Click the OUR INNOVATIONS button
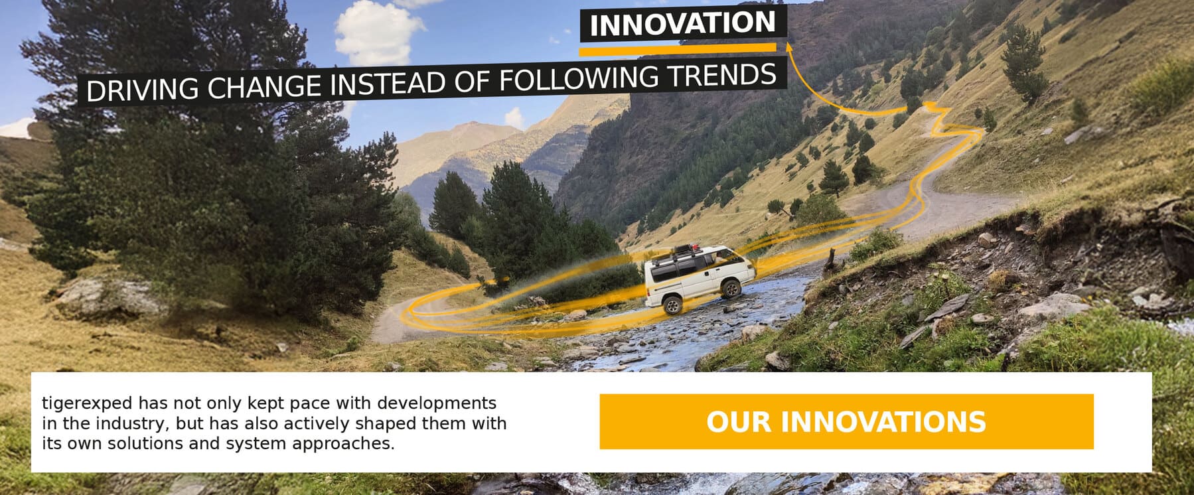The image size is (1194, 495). [x=846, y=421]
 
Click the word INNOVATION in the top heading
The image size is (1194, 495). [x=682, y=25]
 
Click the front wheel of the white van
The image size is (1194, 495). [x=730, y=287]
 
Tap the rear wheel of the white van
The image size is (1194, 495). [x=671, y=305]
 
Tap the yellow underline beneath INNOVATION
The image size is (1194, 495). [x=678, y=49]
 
